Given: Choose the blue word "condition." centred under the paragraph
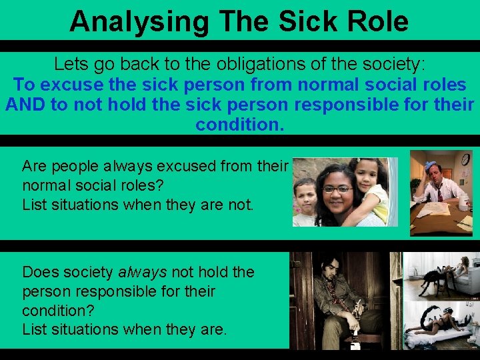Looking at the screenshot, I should click(x=239, y=125).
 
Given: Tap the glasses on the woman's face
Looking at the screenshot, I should click(x=338, y=189).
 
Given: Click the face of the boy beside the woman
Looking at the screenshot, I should click(x=305, y=195).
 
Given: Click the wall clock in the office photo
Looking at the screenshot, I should click(x=465, y=159).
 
